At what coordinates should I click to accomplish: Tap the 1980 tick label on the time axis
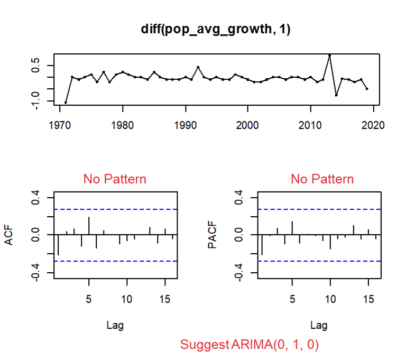pos(123,125)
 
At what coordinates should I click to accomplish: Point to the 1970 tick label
pos(60,125)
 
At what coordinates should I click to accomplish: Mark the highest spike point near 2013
pos(329,55)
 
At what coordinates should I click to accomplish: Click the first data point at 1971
pos(66,103)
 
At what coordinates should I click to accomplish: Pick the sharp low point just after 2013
pos(336,95)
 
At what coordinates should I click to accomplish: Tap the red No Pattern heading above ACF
pos(115,179)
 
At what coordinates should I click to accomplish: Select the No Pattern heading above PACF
pos(322,179)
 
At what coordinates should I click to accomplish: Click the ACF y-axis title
pos(8,236)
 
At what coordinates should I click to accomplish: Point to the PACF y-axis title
pos(213,236)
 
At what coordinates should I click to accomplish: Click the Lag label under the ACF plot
pos(115,325)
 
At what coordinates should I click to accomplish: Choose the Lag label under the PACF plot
pos(318,325)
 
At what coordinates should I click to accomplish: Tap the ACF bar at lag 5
pos(89,225)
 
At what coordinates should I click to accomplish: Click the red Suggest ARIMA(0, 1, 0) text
pos(250,345)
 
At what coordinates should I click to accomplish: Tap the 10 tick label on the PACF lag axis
pos(330,299)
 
